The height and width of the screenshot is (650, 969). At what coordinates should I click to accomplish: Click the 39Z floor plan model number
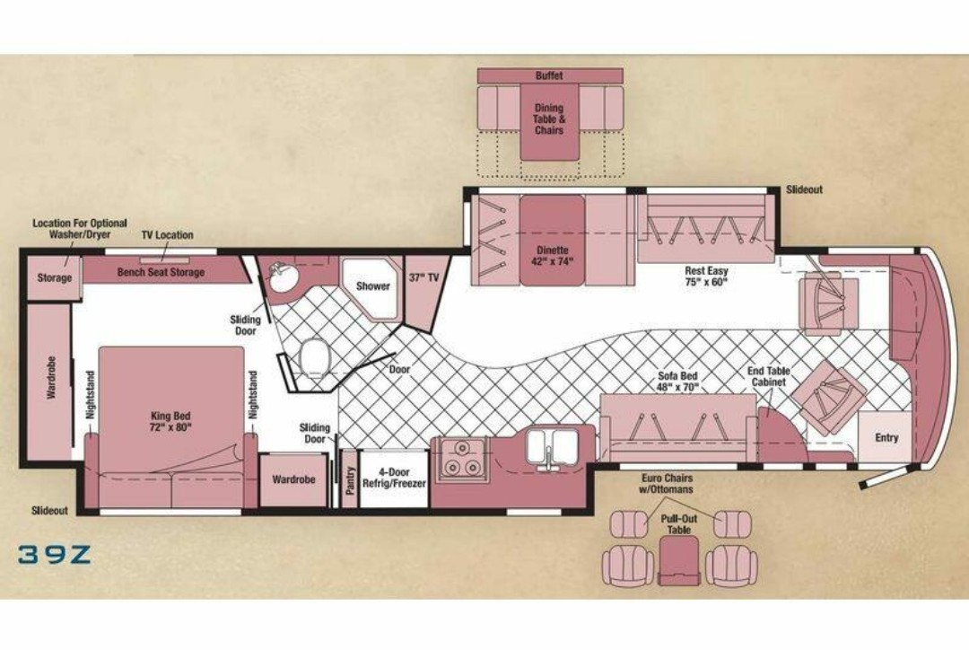(55, 554)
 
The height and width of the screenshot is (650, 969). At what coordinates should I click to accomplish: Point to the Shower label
(373, 286)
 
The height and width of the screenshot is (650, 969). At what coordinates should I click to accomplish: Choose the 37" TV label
(423, 278)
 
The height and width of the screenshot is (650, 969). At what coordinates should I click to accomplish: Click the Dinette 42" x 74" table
(552, 240)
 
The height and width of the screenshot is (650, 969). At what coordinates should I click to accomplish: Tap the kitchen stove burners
(462, 458)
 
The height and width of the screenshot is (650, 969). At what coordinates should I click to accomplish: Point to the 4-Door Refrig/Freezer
(394, 479)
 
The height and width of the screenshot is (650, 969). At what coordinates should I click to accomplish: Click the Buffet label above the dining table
(549, 75)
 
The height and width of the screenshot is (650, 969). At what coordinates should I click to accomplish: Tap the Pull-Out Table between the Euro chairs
(679, 559)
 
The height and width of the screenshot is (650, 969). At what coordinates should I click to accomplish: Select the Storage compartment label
(55, 277)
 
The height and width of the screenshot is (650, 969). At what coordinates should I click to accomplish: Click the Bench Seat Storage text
(161, 272)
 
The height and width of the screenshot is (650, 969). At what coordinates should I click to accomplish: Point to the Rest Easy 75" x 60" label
(706, 277)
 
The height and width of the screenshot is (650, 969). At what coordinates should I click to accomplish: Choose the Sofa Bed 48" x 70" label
(677, 382)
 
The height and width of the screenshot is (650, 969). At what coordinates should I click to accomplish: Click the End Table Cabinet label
(769, 377)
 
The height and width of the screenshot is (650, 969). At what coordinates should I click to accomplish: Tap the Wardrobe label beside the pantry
(293, 479)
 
